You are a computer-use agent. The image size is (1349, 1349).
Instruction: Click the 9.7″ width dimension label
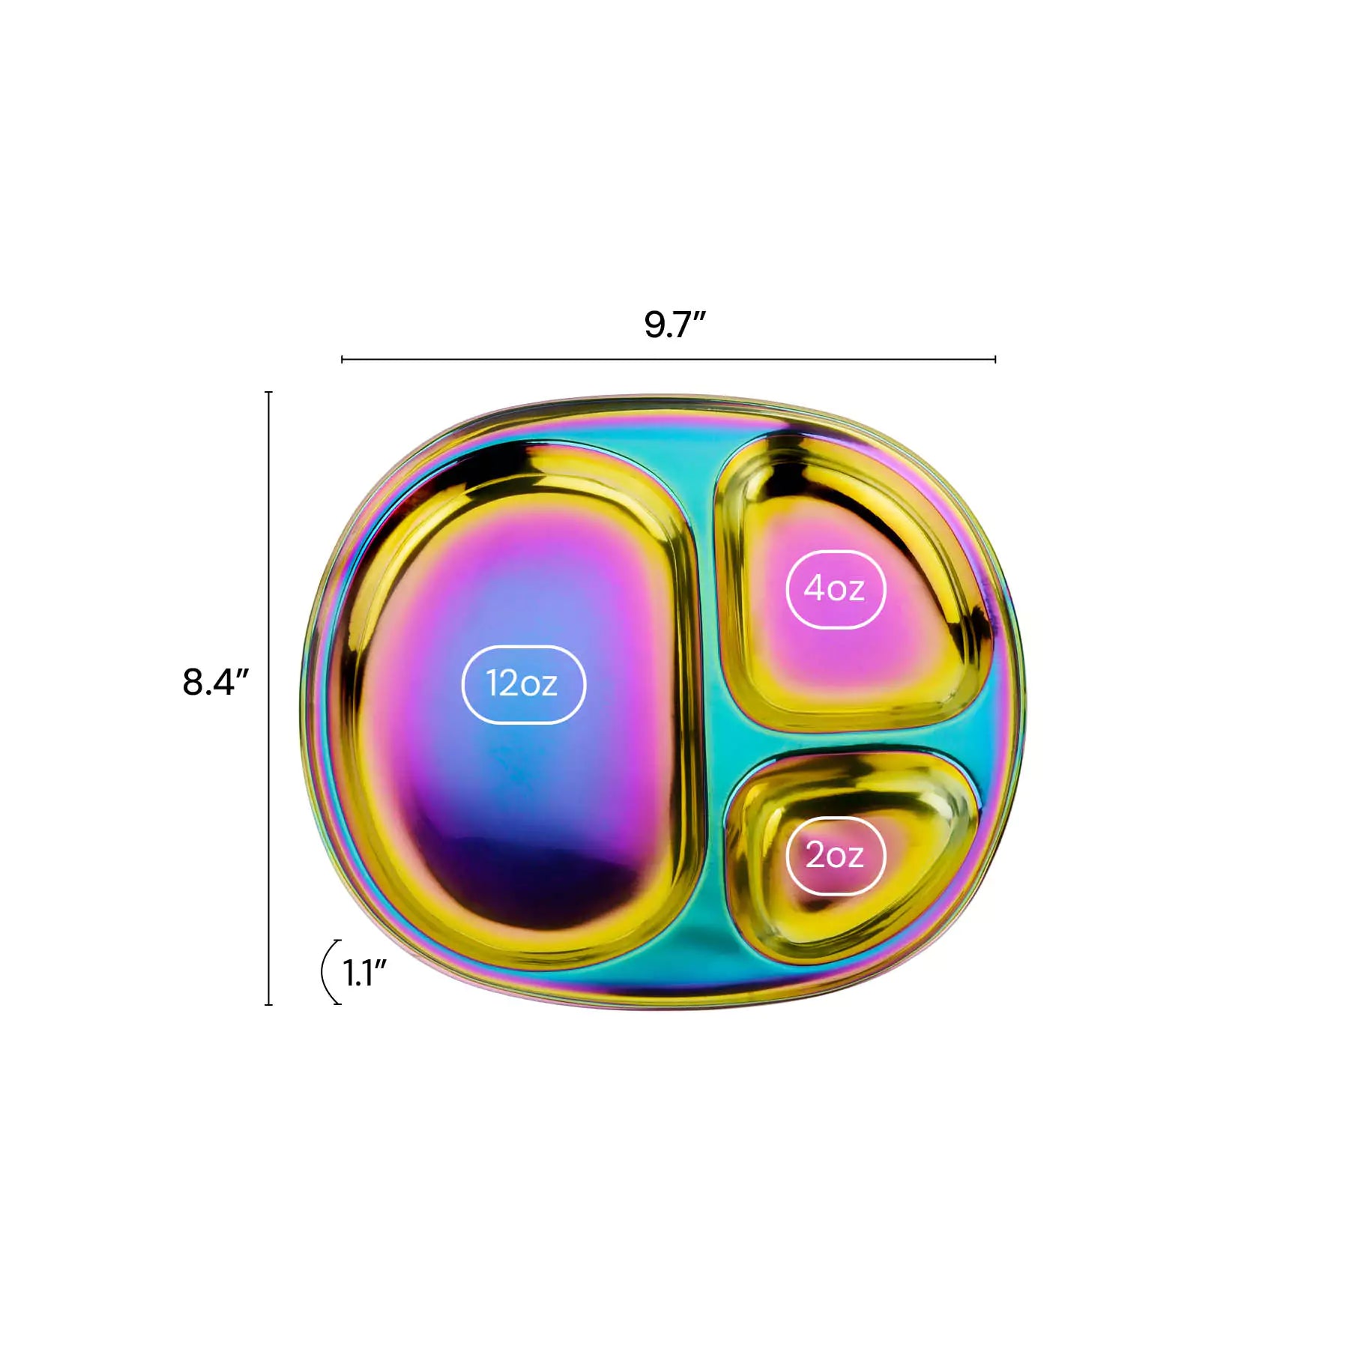click(674, 325)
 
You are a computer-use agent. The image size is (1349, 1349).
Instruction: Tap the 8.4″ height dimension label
click(215, 682)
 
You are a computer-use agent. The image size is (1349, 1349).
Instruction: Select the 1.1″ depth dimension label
click(364, 973)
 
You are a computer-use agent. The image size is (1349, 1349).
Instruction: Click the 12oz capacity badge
click(523, 684)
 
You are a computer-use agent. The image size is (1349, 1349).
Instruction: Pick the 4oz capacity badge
click(836, 589)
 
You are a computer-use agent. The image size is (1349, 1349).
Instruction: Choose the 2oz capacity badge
click(836, 855)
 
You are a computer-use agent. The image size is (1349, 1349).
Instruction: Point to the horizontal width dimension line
click(669, 360)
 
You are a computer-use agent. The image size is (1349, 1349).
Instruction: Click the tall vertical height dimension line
click(269, 698)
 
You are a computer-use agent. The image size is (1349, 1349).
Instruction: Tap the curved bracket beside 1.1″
click(322, 972)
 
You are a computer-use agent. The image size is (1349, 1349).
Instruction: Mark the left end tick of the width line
click(342, 360)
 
